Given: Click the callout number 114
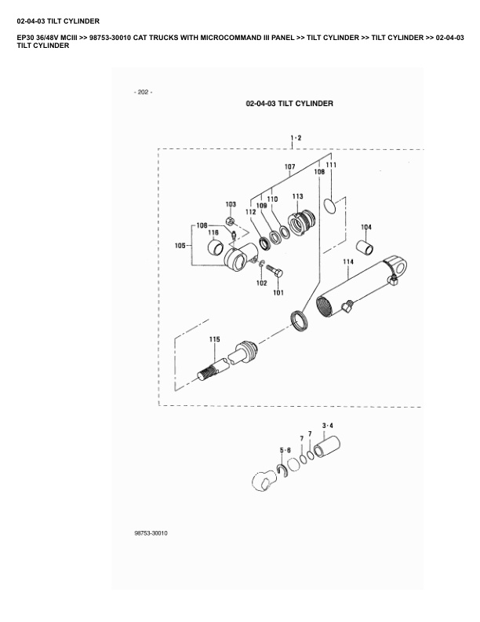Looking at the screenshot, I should [x=348, y=261].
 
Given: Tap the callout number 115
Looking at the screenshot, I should [x=214, y=339].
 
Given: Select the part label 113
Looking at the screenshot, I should [x=298, y=196].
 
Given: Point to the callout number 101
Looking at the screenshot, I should [x=278, y=294].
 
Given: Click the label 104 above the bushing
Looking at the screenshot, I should [x=365, y=227].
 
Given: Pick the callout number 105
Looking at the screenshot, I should [x=180, y=246].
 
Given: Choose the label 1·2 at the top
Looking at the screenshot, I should [x=296, y=137].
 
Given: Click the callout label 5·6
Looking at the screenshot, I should [x=286, y=450].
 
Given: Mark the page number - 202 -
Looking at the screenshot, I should [x=144, y=92].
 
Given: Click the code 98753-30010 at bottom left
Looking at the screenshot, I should [x=151, y=533].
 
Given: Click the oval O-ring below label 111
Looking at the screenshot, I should [x=333, y=206].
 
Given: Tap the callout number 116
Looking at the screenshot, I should [x=213, y=232].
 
